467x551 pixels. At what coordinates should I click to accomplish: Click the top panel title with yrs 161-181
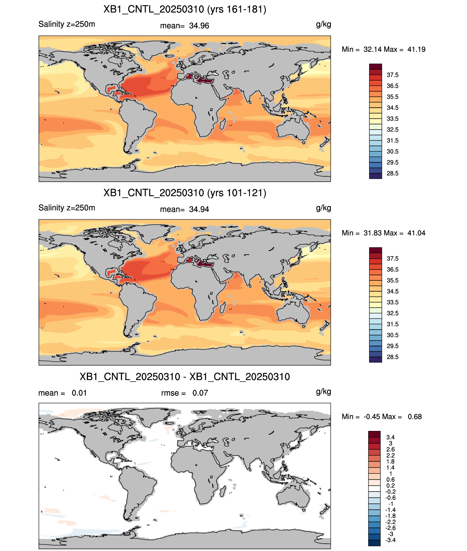point(185,9)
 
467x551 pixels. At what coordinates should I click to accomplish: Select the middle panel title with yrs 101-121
point(185,193)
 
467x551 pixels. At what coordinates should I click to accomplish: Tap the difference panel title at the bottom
point(185,377)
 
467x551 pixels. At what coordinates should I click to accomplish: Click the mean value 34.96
point(199,26)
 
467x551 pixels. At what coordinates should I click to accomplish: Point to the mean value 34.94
point(199,210)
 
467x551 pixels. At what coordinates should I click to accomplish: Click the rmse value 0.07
point(200,393)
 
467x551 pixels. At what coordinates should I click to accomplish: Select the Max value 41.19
point(416,49)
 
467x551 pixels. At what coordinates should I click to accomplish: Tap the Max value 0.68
point(415,417)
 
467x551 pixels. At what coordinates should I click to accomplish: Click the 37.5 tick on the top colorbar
point(392,75)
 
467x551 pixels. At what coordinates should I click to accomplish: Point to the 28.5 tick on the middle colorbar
point(392,357)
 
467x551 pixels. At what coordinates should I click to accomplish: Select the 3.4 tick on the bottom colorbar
point(390,437)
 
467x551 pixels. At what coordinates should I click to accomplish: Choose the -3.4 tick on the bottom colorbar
point(390,540)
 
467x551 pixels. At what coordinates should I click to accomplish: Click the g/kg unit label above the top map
point(323,25)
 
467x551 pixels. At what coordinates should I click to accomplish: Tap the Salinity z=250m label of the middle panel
point(67,208)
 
